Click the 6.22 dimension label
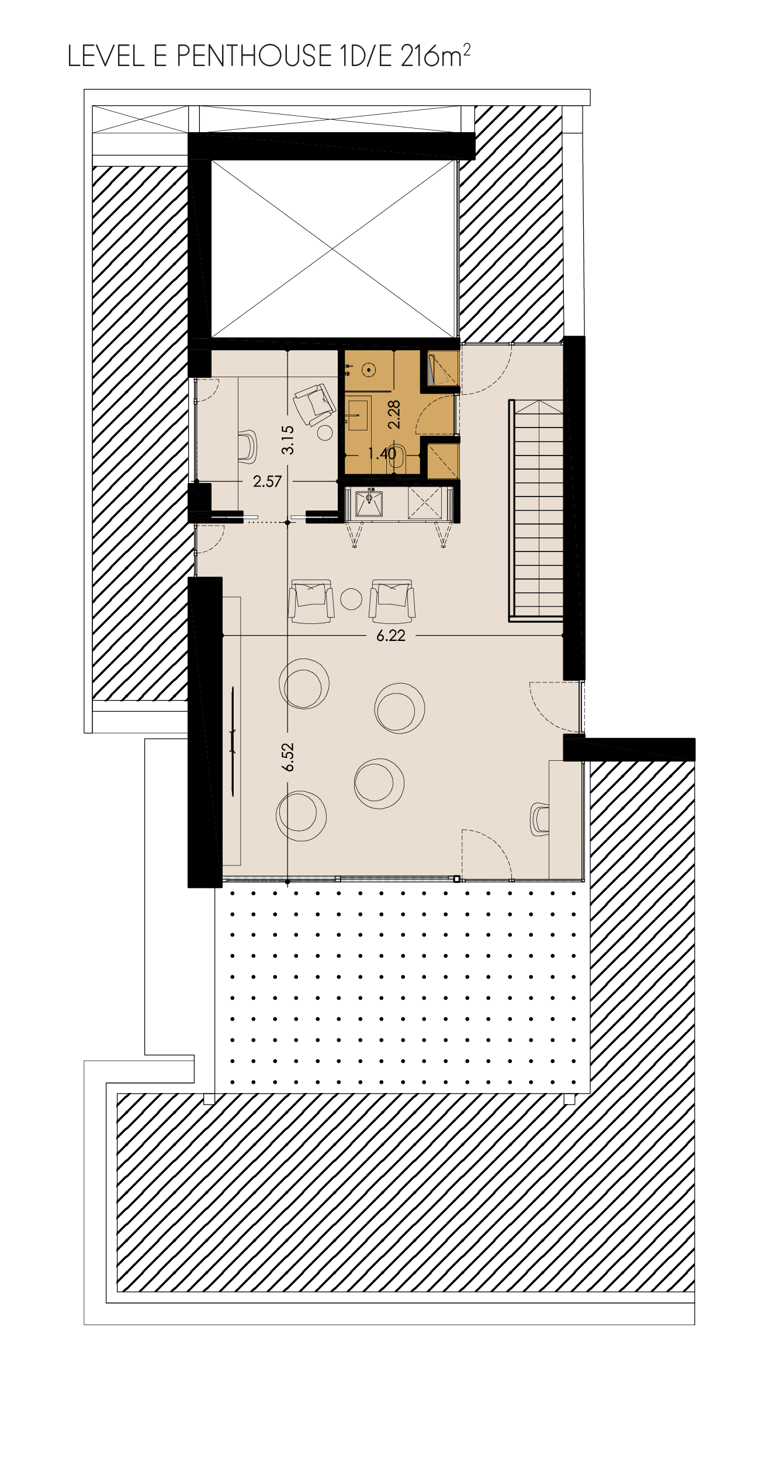391,636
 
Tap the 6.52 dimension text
287,757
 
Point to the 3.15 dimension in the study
287,440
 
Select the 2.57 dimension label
267,481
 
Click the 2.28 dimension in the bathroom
394,415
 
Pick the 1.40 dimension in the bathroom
382,453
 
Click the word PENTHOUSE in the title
254,56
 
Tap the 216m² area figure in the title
435,56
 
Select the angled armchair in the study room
314,404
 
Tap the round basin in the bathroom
368,370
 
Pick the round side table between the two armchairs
351,599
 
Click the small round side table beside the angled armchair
325,432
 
